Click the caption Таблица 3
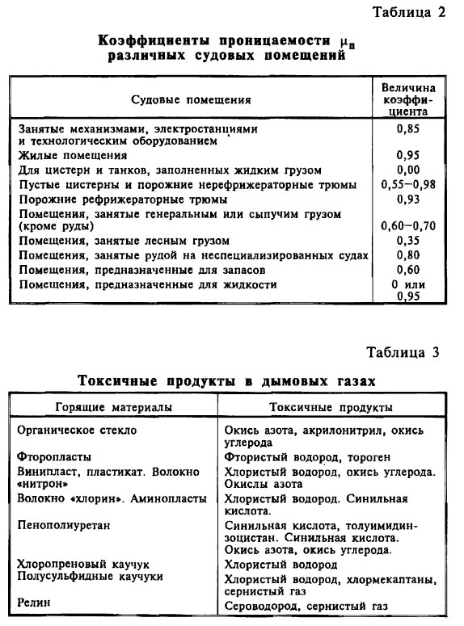pos(406,352)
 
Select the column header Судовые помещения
pos(191,99)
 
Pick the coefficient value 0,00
pos(411,170)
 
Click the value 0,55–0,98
pos(411,184)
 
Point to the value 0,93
pos(411,199)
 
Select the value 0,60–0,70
pos(411,226)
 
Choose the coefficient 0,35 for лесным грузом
pos(411,241)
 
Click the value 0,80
pos(411,255)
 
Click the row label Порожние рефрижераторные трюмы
pos(122,199)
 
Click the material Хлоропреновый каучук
pos(84,564)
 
